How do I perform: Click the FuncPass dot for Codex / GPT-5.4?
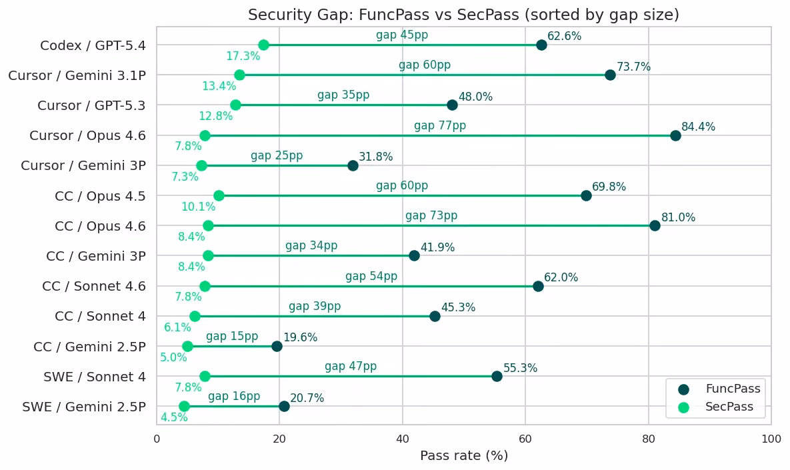pyautogui.click(x=541, y=45)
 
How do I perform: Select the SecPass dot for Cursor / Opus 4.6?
pyautogui.click(x=205, y=135)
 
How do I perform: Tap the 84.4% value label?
pyautogui.click(x=698, y=127)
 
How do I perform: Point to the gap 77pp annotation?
pyautogui.click(x=440, y=125)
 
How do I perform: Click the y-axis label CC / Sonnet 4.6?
pyautogui.click(x=94, y=286)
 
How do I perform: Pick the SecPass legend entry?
pyautogui.click(x=716, y=407)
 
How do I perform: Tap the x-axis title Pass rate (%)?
pyautogui.click(x=464, y=456)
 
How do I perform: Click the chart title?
pyautogui.click(x=463, y=15)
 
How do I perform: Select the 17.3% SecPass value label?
pyautogui.click(x=243, y=56)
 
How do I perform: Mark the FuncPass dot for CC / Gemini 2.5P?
pyautogui.click(x=277, y=346)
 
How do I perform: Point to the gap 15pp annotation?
pyautogui.click(x=232, y=336)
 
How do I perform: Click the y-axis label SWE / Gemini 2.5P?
pyautogui.click(x=84, y=407)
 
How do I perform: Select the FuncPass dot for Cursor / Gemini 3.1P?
pyautogui.click(x=610, y=75)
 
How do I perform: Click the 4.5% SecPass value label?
pyautogui.click(x=174, y=417)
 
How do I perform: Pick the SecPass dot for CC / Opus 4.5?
pyautogui.click(x=219, y=195)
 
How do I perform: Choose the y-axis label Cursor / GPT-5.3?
pyautogui.click(x=92, y=106)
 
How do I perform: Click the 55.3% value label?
pyautogui.click(x=521, y=368)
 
